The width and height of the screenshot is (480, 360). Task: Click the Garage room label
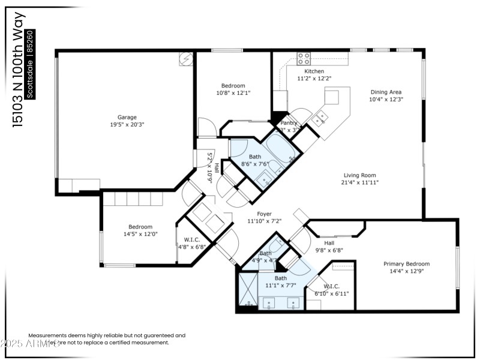coord(127,117)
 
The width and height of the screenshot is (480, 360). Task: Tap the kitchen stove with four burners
coord(304,59)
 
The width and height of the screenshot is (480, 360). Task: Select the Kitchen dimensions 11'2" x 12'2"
coord(314,79)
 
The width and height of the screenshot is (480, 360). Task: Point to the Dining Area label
coord(386,92)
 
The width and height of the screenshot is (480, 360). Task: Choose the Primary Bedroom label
coord(406,263)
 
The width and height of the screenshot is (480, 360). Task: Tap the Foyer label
coord(264,214)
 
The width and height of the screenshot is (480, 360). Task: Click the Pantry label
coord(289,123)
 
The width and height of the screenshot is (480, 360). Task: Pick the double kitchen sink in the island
coord(322,116)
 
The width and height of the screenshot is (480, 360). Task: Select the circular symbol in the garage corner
coord(186,59)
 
